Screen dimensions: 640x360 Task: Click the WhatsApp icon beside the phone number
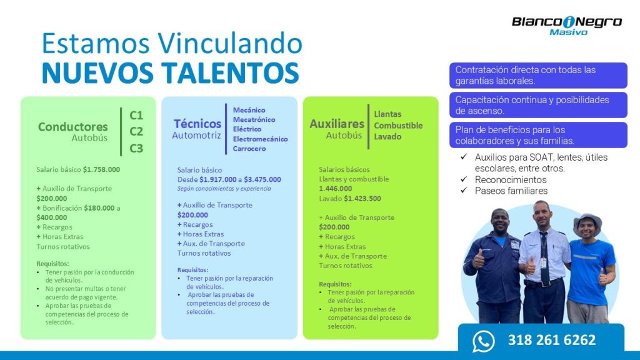tap(483, 341)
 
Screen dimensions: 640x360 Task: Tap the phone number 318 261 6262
tap(552, 340)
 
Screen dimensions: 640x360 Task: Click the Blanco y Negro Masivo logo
tap(567, 26)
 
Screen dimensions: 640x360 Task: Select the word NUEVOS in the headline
tap(97, 73)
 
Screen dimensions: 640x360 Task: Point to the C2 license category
tap(136, 131)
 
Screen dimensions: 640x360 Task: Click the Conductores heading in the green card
tap(73, 127)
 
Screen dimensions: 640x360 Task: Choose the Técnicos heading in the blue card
tap(197, 123)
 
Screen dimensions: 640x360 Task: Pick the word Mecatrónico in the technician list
tap(254, 119)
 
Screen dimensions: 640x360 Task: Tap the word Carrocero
tap(249, 149)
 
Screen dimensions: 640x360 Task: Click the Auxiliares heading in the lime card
tap(337, 124)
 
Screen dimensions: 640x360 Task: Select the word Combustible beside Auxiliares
tap(398, 126)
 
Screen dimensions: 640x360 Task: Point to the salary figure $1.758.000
tap(101, 169)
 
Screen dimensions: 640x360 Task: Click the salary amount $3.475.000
tap(262, 179)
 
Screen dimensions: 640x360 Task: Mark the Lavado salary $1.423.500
tap(362, 198)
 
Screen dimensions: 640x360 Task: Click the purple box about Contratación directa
tap(538, 76)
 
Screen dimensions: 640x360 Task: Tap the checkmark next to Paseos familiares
tap(464, 190)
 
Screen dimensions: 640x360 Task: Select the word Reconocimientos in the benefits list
tap(511, 179)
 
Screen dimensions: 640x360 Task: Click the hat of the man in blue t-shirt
tap(587, 222)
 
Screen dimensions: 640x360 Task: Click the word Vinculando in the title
tap(230, 43)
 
